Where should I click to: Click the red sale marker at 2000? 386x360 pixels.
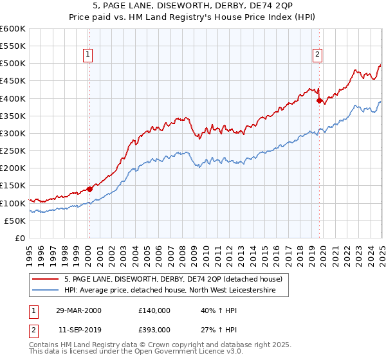pos(90,189)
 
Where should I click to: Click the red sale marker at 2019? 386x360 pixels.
pos(319,100)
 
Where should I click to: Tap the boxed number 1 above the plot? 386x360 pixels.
pos(87,55)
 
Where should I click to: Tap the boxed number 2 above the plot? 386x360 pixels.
pos(318,55)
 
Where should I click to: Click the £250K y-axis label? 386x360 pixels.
pos(13,150)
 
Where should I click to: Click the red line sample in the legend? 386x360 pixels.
pos(46,279)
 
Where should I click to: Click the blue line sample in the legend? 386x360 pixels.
pos(46,291)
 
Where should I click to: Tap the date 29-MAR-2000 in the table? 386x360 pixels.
pos(78,310)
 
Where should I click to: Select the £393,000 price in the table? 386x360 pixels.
pos(154,329)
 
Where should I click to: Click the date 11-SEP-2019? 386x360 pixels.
pos(78,329)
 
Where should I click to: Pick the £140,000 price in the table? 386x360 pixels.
pos(154,310)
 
